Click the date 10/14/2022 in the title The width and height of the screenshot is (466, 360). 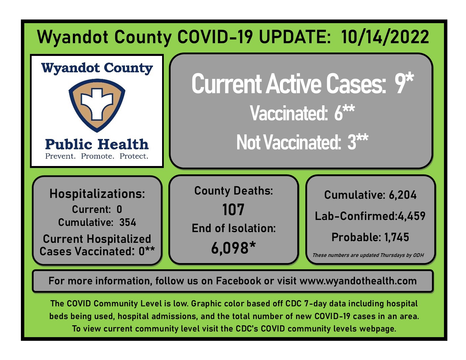point(385,37)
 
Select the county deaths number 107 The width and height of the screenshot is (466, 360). point(233,210)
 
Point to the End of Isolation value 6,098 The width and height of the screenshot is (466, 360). point(230,248)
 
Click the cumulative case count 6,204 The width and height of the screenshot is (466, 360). point(402,195)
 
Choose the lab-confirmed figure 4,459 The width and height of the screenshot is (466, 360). point(411,216)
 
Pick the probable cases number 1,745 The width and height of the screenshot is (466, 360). point(397,237)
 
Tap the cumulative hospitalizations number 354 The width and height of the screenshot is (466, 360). point(128,222)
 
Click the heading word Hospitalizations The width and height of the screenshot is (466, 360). point(97,194)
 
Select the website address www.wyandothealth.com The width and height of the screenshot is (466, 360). point(358,281)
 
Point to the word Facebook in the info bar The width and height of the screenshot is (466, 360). point(238,281)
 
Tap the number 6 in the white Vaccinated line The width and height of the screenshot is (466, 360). point(338,113)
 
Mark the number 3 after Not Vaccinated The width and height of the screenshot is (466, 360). point(352,142)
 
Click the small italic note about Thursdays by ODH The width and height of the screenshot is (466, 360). point(368,255)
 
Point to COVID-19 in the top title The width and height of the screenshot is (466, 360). point(215,37)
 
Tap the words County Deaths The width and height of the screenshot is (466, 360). point(233,191)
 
